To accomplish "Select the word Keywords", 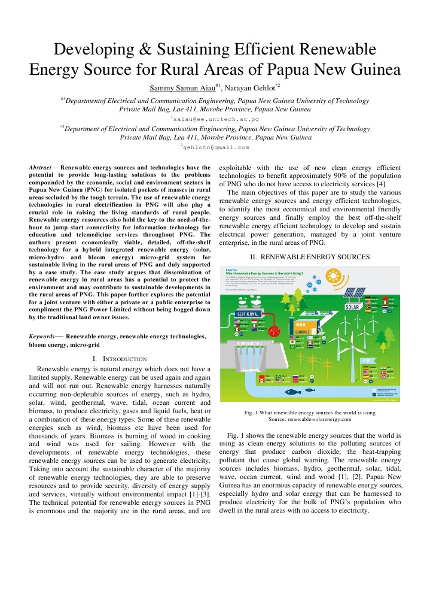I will [43, 337].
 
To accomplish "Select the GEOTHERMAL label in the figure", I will [248, 313].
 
